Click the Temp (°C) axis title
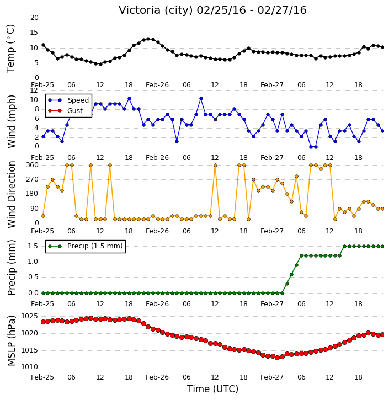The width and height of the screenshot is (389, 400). [x=10, y=49]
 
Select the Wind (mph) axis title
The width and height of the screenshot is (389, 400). [x=11, y=121]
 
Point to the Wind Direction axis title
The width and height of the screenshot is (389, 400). [x=11, y=194]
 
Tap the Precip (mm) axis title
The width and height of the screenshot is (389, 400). [x=11, y=268]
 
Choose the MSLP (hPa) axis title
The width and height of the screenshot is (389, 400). [x=11, y=341]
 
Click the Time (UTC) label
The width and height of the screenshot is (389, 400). [x=212, y=389]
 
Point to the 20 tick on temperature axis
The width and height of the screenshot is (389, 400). [x=34, y=18]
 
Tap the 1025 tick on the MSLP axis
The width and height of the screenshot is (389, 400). [x=29, y=317]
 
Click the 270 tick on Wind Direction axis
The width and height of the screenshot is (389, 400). [x=33, y=180]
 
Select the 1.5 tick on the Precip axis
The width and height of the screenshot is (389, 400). [x=33, y=247]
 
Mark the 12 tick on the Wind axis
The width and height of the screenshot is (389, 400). [x=34, y=90]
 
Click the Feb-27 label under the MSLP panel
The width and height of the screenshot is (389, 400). [x=272, y=377]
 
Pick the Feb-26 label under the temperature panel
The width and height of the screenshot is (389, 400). [x=157, y=85]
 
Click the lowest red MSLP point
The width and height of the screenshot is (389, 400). [x=278, y=358]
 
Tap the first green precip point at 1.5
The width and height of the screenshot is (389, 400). [x=344, y=247]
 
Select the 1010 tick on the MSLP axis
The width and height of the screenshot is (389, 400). [x=29, y=367]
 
